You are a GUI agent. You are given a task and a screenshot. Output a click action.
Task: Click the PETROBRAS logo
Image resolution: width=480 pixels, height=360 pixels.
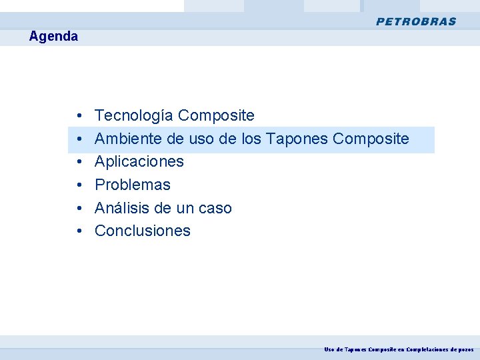coord(416,21)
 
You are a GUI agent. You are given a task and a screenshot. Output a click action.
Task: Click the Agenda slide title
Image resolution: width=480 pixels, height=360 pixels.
coord(53,37)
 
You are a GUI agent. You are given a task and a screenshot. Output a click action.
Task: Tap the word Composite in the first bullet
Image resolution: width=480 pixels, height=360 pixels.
coord(217,116)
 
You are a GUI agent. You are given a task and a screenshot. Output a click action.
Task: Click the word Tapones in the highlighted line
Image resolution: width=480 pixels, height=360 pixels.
coord(296,139)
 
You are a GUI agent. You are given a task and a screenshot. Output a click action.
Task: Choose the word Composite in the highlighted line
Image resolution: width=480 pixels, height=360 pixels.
coord(371,139)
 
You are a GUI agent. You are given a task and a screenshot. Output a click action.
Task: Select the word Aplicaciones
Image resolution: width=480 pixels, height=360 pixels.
coord(139,162)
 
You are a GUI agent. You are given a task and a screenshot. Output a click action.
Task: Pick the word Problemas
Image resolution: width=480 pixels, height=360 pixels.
coord(133,185)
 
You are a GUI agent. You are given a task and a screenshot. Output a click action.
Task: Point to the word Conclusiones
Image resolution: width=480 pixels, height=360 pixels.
coord(143,231)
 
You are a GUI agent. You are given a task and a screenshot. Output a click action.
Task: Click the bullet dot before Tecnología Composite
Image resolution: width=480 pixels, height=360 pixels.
coord(79,117)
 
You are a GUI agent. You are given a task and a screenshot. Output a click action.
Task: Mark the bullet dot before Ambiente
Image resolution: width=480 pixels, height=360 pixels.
coord(79,139)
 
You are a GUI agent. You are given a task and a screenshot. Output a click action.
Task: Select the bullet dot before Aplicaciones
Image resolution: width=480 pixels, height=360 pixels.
coord(79,163)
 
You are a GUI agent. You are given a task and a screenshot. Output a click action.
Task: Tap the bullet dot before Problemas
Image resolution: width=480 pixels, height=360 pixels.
coord(79,185)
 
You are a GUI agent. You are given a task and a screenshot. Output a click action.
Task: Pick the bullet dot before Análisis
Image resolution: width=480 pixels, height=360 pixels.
coord(79,209)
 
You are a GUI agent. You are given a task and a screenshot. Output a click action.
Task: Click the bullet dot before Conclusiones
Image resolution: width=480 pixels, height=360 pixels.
coord(79,231)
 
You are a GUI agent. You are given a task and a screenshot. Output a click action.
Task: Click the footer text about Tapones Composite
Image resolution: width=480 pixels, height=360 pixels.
coord(399,349)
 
